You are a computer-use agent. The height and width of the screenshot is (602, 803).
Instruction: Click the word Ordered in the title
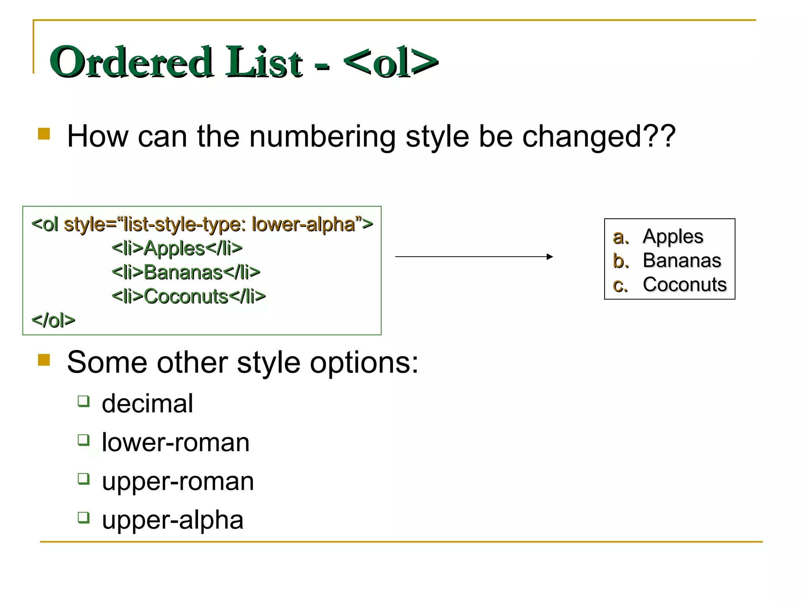[x=131, y=62]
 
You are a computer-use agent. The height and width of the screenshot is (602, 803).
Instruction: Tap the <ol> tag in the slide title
[x=391, y=62]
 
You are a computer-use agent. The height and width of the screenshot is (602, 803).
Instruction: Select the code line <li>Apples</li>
[x=177, y=248]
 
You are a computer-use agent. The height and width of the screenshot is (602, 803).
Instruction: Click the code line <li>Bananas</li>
[x=186, y=272]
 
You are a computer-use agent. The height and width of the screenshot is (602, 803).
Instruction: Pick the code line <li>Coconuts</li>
[x=189, y=296]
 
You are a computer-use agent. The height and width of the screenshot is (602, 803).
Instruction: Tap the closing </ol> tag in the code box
[x=53, y=321]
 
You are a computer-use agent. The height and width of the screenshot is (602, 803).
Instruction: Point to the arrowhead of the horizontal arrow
[x=550, y=257]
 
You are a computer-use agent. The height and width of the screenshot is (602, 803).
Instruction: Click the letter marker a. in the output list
[x=621, y=237]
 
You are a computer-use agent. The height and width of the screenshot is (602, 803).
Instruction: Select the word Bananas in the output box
[x=682, y=261]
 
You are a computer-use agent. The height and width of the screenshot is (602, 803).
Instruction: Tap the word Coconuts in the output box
[x=685, y=285]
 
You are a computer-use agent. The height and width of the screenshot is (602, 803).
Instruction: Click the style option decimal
[x=147, y=403]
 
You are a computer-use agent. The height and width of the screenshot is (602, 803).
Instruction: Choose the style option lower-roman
[x=176, y=442]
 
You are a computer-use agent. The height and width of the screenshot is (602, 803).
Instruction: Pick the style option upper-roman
[x=178, y=481]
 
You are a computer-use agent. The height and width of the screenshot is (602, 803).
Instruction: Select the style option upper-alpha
[x=173, y=520]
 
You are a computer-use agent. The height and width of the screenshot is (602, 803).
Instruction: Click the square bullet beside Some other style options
[x=44, y=360]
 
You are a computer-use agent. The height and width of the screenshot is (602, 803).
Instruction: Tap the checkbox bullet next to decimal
[x=84, y=401]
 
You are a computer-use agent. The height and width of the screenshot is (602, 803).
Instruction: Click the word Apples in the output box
[x=673, y=237]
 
